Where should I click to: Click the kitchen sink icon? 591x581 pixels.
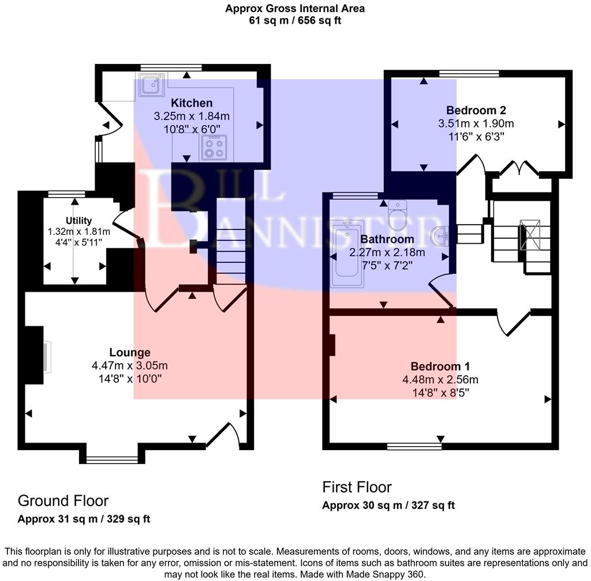[x=152, y=84]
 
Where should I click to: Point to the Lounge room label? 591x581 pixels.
[x=130, y=352]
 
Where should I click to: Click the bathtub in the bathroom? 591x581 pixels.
[x=347, y=254]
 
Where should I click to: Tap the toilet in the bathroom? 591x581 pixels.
[x=398, y=214]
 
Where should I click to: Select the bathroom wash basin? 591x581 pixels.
[x=442, y=235]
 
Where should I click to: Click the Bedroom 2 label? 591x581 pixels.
[x=476, y=110]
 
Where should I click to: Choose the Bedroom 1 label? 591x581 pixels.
[x=440, y=366]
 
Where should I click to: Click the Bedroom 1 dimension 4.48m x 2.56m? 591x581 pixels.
[x=440, y=379]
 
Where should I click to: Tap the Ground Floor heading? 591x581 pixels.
[x=63, y=500]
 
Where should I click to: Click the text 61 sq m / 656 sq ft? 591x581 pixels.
[x=295, y=21]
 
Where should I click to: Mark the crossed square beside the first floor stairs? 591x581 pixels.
[x=530, y=234]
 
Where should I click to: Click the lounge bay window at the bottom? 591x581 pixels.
[x=112, y=459]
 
